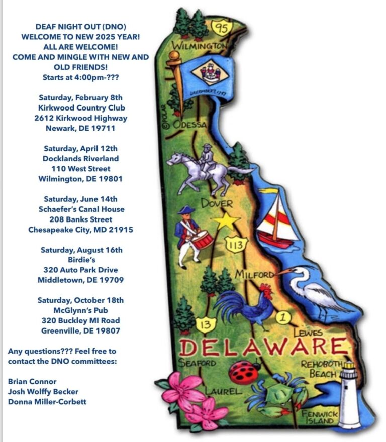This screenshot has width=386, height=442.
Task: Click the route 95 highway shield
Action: [222, 27]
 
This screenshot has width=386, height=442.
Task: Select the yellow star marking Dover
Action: [225, 220]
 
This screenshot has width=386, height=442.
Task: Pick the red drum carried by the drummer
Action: [203, 240]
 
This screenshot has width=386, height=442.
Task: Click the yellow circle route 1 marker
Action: [283, 317]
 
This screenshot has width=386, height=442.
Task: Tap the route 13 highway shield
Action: [205, 324]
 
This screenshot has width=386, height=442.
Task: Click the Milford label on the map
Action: [254, 274]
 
